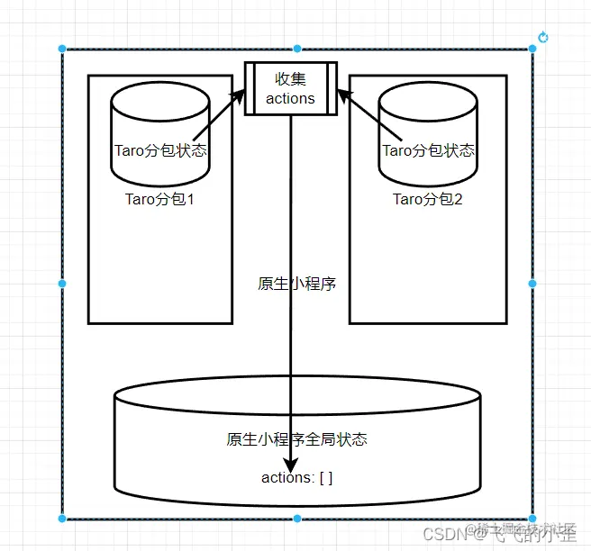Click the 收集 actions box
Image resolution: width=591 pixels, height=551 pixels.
pos(291,88)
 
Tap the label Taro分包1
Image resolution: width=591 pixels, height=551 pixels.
pos(160,199)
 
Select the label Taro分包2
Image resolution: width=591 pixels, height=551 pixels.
pos(428,199)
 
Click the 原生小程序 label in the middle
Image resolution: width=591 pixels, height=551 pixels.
pos(297,284)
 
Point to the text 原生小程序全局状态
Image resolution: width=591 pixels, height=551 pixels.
pos(297,439)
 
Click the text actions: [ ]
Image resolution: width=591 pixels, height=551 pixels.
pos(297,477)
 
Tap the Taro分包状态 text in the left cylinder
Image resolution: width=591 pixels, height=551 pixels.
pos(160,150)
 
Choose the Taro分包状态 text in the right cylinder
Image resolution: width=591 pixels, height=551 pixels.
pos(429,150)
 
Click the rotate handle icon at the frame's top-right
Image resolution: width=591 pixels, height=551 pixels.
pos(543,37)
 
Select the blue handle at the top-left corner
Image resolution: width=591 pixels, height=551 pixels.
pos(62,49)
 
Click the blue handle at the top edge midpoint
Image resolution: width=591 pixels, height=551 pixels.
pos(297,49)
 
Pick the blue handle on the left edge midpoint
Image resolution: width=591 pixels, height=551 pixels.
pos(62,284)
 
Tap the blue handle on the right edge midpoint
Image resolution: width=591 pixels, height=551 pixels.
pos(532,284)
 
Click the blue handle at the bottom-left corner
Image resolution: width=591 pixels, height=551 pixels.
pos(62,519)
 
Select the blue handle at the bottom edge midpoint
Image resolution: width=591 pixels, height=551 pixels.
pos(297,519)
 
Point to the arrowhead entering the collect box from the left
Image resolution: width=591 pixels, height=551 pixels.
pos(240,95)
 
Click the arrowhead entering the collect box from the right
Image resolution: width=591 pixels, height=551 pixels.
pos(343,94)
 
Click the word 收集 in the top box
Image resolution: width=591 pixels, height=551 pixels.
pos(291,79)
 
